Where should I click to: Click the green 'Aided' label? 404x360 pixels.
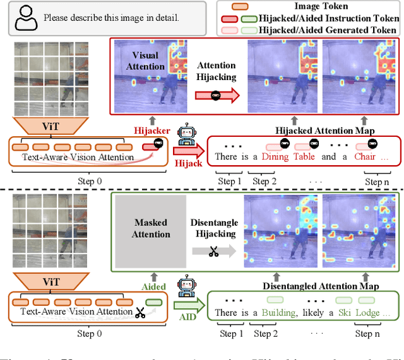coord(153,286)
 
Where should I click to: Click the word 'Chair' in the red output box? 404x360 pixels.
coord(365,156)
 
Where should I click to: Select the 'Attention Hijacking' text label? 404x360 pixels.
coord(216,71)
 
